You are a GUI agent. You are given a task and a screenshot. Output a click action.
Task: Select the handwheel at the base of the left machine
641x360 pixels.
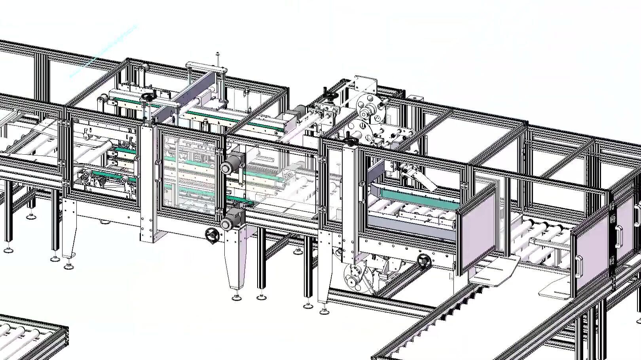(212, 235)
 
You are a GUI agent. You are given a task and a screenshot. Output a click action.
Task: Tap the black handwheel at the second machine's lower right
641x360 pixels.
(424, 260)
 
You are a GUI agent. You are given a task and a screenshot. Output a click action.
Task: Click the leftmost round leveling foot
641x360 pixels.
(8, 250)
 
